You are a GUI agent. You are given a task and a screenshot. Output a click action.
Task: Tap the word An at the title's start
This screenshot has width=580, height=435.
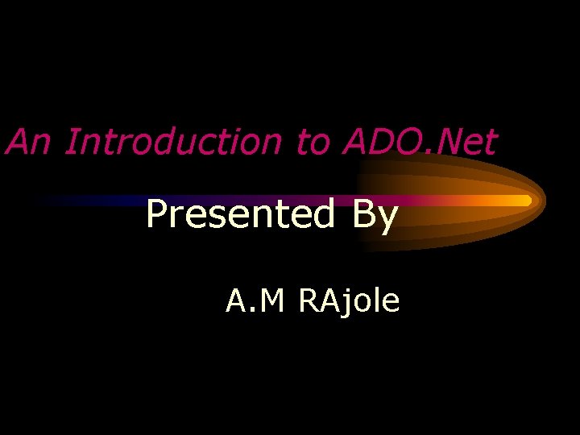click(x=31, y=142)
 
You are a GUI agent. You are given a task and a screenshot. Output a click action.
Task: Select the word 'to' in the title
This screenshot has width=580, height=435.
click(x=313, y=143)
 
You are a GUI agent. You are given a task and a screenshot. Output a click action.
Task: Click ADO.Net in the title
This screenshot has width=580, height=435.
click(x=419, y=142)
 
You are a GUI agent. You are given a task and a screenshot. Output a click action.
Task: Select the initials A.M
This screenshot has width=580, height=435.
click(x=255, y=301)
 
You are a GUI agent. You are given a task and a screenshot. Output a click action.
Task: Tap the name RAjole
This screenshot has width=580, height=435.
click(x=349, y=302)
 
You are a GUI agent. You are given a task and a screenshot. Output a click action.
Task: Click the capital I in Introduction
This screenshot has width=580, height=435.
click(x=70, y=142)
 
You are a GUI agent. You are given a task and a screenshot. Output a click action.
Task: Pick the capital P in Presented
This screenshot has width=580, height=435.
click(x=157, y=214)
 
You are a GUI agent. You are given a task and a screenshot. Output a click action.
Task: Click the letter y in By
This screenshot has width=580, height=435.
click(x=387, y=219)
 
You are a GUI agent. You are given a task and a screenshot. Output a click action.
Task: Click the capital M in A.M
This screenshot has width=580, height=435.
click(x=272, y=301)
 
